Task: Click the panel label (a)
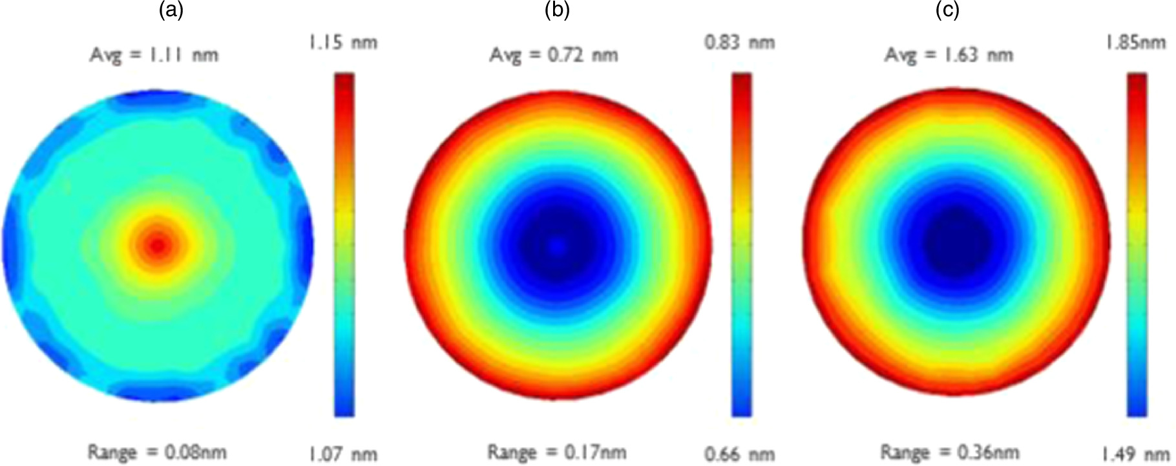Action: [171, 11]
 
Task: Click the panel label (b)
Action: [558, 11]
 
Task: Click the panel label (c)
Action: [947, 11]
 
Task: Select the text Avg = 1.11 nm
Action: [154, 55]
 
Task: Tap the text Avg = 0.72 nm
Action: [553, 55]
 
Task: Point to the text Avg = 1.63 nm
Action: [949, 55]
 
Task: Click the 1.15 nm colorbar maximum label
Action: [343, 43]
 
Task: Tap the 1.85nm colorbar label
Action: [1134, 43]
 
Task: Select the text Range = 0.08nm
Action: [157, 452]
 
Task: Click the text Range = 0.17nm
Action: [556, 452]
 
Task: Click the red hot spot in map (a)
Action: [158, 244]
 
